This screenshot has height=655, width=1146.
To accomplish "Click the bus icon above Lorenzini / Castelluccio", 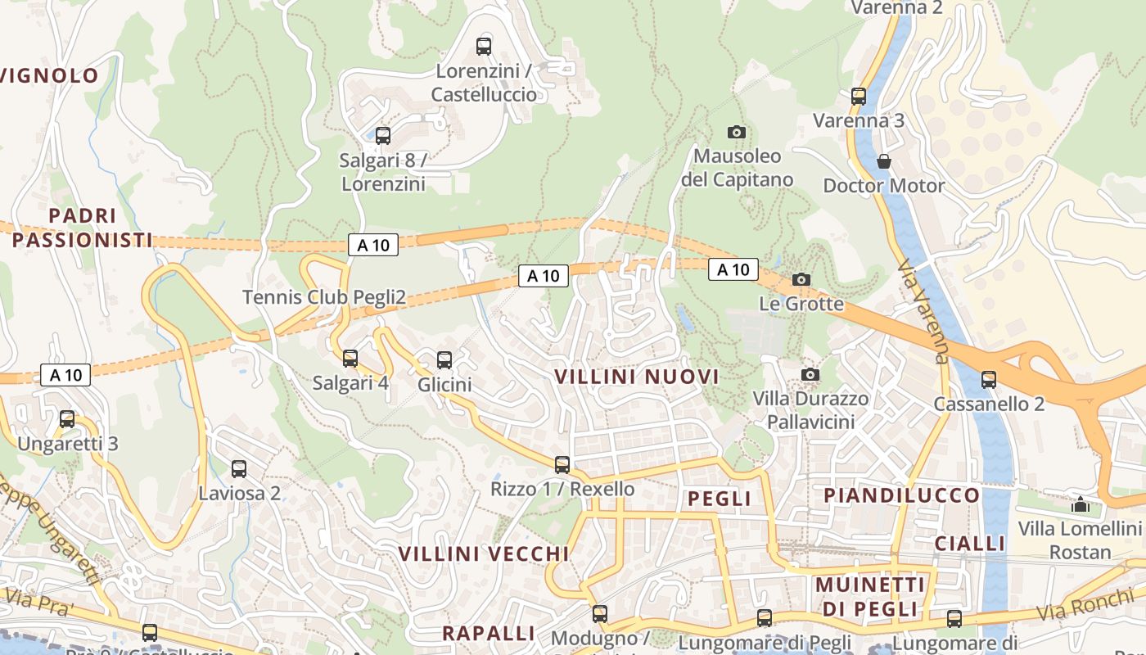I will [x=484, y=46].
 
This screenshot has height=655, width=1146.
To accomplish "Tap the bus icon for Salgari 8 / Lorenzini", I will [x=382, y=135].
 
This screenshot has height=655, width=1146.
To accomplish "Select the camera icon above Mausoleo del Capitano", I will [x=736, y=132].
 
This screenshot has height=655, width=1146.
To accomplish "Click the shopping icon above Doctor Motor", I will [x=883, y=161].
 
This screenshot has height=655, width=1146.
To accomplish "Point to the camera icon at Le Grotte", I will [x=801, y=279].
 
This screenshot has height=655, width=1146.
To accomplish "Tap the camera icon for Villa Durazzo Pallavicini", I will [x=810, y=374].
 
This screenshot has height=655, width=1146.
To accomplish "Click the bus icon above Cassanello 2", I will [x=989, y=379].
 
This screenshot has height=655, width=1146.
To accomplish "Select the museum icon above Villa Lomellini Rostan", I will [x=1081, y=504].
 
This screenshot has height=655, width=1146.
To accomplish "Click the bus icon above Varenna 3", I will [x=858, y=96].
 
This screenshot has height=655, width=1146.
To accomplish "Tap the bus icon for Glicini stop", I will [x=444, y=359].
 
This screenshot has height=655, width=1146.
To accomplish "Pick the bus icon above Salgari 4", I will [x=350, y=358].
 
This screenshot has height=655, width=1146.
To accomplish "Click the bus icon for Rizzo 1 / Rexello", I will [x=562, y=464].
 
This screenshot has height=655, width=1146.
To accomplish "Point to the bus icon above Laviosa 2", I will [x=239, y=468].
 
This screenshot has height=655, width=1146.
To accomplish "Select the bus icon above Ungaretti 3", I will [x=67, y=419].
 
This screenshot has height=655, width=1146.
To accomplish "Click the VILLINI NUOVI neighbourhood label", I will [x=637, y=377].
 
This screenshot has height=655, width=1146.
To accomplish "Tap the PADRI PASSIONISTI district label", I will [x=82, y=228].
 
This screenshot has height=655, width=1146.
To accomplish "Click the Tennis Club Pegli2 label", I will [x=324, y=297].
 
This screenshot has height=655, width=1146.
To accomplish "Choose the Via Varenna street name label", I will [x=923, y=312].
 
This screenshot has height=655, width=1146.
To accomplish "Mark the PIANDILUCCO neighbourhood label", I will [x=901, y=495].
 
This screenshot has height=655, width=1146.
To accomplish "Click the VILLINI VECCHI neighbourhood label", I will [x=483, y=553].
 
